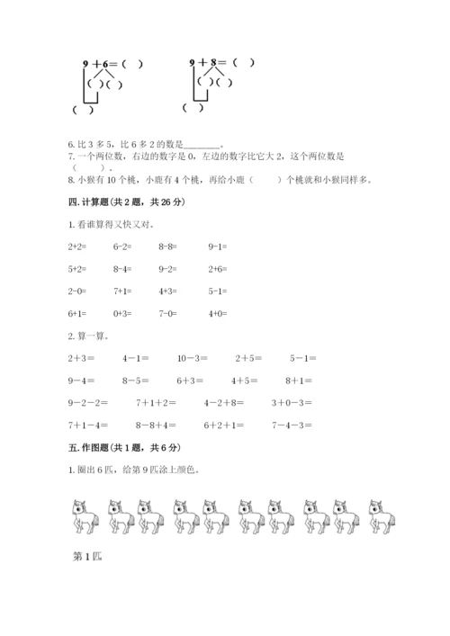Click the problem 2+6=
point(217,268)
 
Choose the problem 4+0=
point(217,313)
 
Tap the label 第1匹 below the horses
point(86,556)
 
